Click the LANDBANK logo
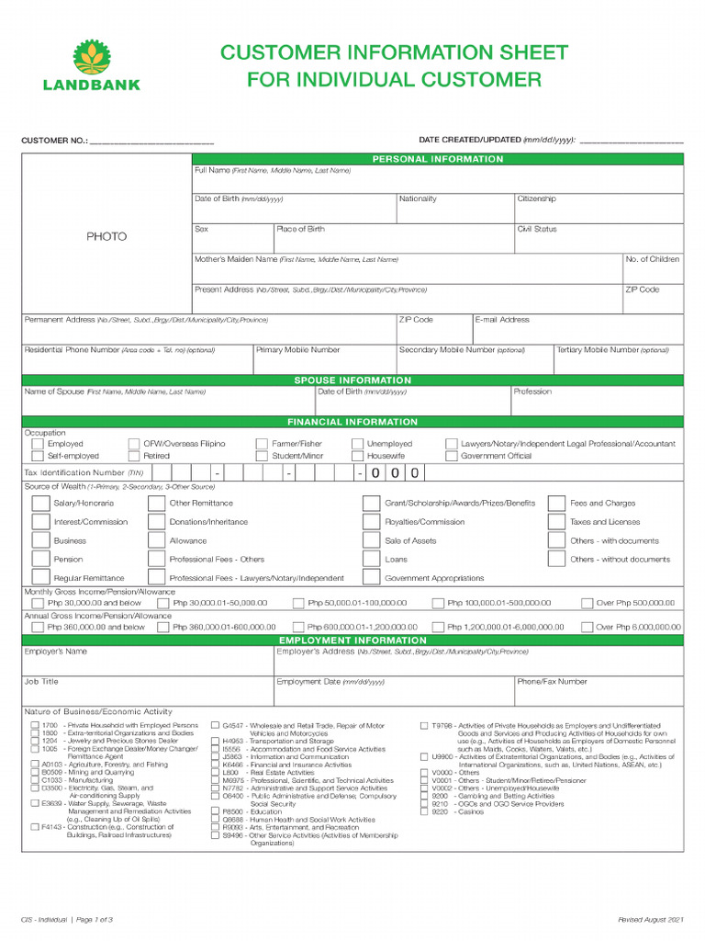[x=91, y=65]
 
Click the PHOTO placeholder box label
[x=106, y=237]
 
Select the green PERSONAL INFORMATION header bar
[x=437, y=159]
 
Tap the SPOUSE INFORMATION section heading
[x=352, y=380]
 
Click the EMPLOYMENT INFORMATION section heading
[x=352, y=640]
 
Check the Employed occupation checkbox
[x=37, y=444]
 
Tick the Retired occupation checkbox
[x=134, y=456]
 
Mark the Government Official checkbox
[x=452, y=456]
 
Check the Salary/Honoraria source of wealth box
[x=40, y=504]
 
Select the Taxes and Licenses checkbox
[x=556, y=522]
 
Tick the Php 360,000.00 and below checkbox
[x=37, y=628]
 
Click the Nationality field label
[x=418, y=199]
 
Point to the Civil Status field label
[x=537, y=230]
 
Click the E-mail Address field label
[x=502, y=320]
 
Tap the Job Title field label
[x=41, y=682]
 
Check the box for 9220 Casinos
[x=424, y=812]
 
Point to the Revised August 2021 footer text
[x=651, y=920]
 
